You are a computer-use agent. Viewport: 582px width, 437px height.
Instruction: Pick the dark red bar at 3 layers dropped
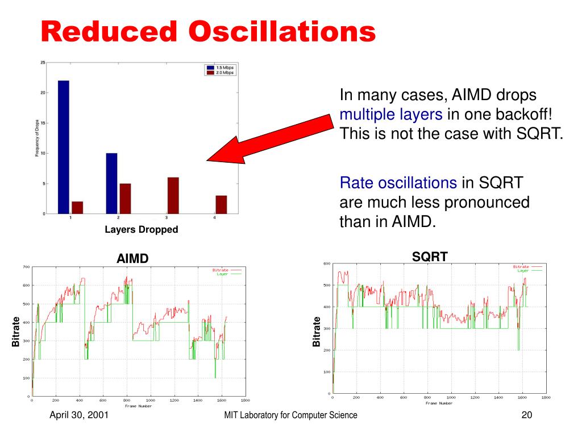pyautogui.click(x=173, y=195)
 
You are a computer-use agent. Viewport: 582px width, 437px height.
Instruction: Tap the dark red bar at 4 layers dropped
pyautogui.click(x=221, y=204)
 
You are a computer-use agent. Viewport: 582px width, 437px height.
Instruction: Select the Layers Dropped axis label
pyautogui.click(x=141, y=230)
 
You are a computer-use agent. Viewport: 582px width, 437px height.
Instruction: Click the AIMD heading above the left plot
pyautogui.click(x=132, y=258)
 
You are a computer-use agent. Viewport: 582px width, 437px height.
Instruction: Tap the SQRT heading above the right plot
pyautogui.click(x=430, y=257)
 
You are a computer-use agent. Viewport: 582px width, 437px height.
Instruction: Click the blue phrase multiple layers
pyautogui.click(x=391, y=114)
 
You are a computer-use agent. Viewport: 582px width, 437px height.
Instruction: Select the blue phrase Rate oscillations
pyautogui.click(x=398, y=183)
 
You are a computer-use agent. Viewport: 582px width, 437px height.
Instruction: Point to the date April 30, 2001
pyautogui.click(x=79, y=415)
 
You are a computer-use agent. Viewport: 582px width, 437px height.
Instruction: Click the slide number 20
pyautogui.click(x=526, y=415)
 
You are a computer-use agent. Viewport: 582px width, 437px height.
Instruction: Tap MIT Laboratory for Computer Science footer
pyautogui.click(x=291, y=415)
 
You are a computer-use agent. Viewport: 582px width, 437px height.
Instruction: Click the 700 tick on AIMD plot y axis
pyautogui.click(x=26, y=267)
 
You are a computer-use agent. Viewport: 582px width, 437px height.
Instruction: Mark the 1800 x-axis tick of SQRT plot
pyautogui.click(x=546, y=398)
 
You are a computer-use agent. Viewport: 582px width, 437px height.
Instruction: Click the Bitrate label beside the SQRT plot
pyautogui.click(x=317, y=332)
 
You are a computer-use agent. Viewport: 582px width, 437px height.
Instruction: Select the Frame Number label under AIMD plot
pyautogui.click(x=139, y=406)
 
